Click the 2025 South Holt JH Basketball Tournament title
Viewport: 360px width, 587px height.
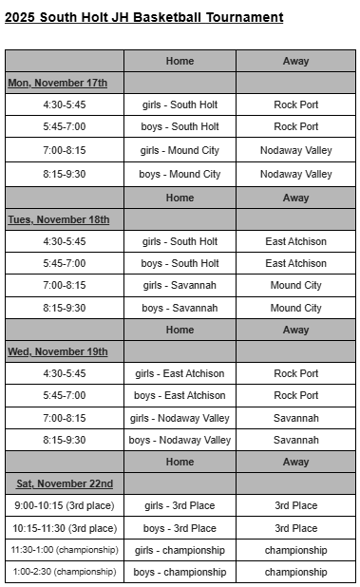coord(144,17)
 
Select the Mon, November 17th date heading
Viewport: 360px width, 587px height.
coord(58,83)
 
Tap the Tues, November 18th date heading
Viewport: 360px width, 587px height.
coord(59,219)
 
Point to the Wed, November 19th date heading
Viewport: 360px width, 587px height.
coord(58,351)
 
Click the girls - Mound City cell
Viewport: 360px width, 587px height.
coord(180,150)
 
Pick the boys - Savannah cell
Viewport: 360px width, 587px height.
coord(180,308)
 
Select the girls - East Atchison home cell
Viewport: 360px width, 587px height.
coord(180,373)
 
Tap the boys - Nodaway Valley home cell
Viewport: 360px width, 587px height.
coord(180,440)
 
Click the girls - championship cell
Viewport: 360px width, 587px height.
coord(180,550)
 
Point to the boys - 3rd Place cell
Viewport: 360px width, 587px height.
coord(180,528)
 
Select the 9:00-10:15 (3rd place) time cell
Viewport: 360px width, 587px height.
coord(65,505)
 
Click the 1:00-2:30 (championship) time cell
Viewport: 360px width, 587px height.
coord(65,572)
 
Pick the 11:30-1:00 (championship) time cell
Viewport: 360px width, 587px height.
coord(65,550)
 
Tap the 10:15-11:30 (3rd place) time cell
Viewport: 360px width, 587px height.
coord(65,528)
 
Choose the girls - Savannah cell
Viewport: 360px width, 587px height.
coord(180,285)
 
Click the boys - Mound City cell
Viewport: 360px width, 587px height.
coord(180,174)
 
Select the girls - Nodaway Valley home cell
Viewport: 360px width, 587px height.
coord(180,418)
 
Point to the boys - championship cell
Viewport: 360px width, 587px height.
coord(180,572)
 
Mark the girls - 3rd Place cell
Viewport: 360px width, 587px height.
coord(180,505)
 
